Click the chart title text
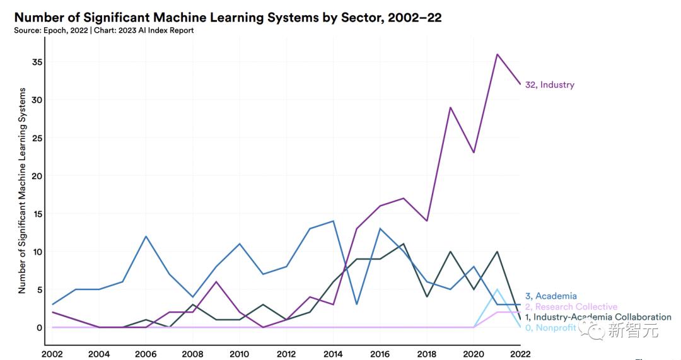(x=228, y=18)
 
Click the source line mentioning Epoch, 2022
(x=104, y=30)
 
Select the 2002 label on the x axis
(x=53, y=354)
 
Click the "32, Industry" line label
(x=550, y=85)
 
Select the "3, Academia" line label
(x=551, y=296)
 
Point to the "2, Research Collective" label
(x=571, y=306)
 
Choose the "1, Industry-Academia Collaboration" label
(x=598, y=317)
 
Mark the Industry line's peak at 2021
(x=497, y=54)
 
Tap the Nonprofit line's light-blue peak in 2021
(x=497, y=289)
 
